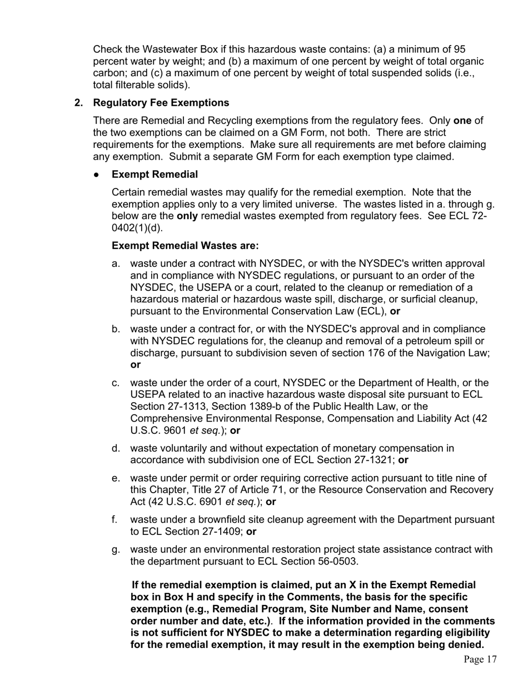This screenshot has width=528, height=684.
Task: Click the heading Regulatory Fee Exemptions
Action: [x=161, y=103]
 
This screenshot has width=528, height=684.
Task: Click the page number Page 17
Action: [x=480, y=660]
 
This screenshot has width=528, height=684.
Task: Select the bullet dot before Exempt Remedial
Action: [x=97, y=175]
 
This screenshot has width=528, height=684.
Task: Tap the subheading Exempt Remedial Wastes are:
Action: [x=185, y=246]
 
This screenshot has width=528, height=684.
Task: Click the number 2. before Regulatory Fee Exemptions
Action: [x=79, y=103]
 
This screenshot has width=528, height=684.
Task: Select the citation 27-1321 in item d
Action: [x=376, y=460]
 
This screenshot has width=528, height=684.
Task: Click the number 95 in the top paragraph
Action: [x=460, y=49]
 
